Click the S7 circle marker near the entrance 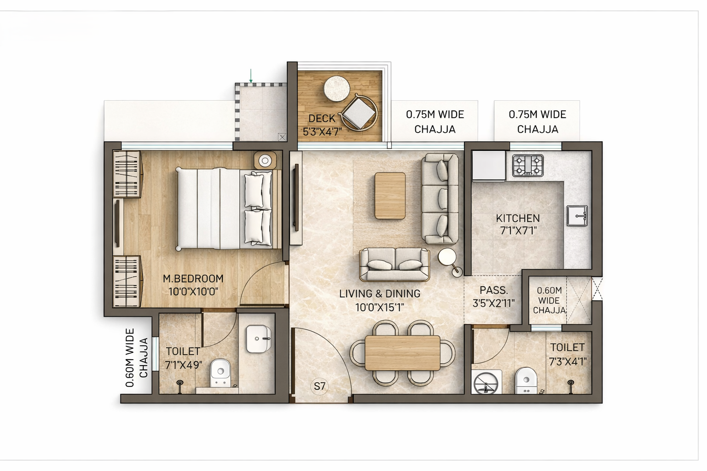point(319,386)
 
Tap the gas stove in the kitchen point(528,166)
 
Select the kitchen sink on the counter point(577,215)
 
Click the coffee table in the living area point(390,195)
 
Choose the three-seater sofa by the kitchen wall point(440,198)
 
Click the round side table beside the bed point(265,161)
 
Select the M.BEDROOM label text point(193,279)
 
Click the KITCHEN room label point(518,218)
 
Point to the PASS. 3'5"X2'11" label point(493,297)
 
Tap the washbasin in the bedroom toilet point(258,339)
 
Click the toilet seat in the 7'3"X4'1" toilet point(526,381)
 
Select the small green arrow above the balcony point(251,76)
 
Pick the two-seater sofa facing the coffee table point(394,264)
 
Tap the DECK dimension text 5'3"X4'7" point(322,132)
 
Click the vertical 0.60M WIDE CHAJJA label point(136,357)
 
